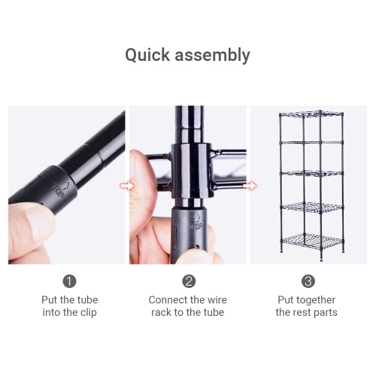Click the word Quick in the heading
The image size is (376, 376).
pos(147,55)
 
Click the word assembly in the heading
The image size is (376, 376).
pos(212,56)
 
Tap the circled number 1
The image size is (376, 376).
pos(69,281)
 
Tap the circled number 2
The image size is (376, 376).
pos(189,281)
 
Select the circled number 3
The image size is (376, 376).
pos(308,281)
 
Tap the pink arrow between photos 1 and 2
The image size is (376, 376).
pos(127,186)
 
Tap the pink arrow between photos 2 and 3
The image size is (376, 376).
pos(250,186)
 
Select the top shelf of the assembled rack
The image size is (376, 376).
pos(311,114)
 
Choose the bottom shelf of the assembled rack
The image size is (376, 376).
pos(311,240)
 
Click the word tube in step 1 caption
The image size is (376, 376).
pos(87,300)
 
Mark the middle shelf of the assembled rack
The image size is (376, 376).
pos(311,173)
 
